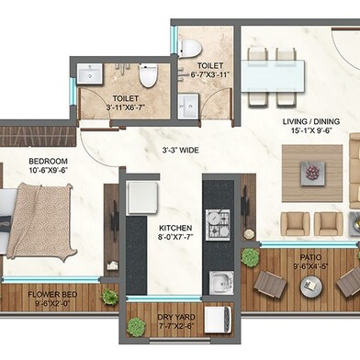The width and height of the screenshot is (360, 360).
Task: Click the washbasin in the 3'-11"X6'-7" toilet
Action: (x=90, y=74)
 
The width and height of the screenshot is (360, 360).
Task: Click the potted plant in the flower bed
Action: (x=109, y=296)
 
